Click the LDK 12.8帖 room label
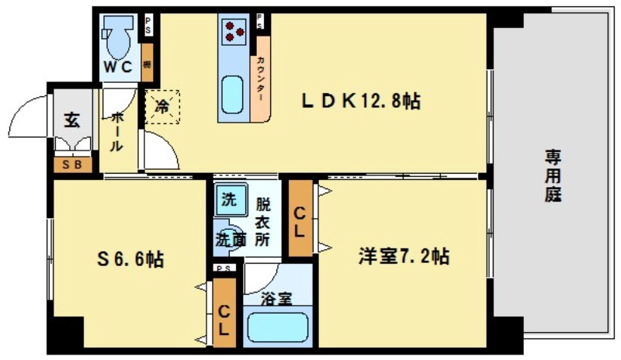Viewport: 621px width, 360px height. pos(361,102)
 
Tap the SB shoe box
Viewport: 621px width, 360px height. pos(72,164)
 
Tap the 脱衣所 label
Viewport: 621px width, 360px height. pos(263,223)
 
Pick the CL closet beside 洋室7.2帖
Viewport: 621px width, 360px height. pos(300,220)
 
